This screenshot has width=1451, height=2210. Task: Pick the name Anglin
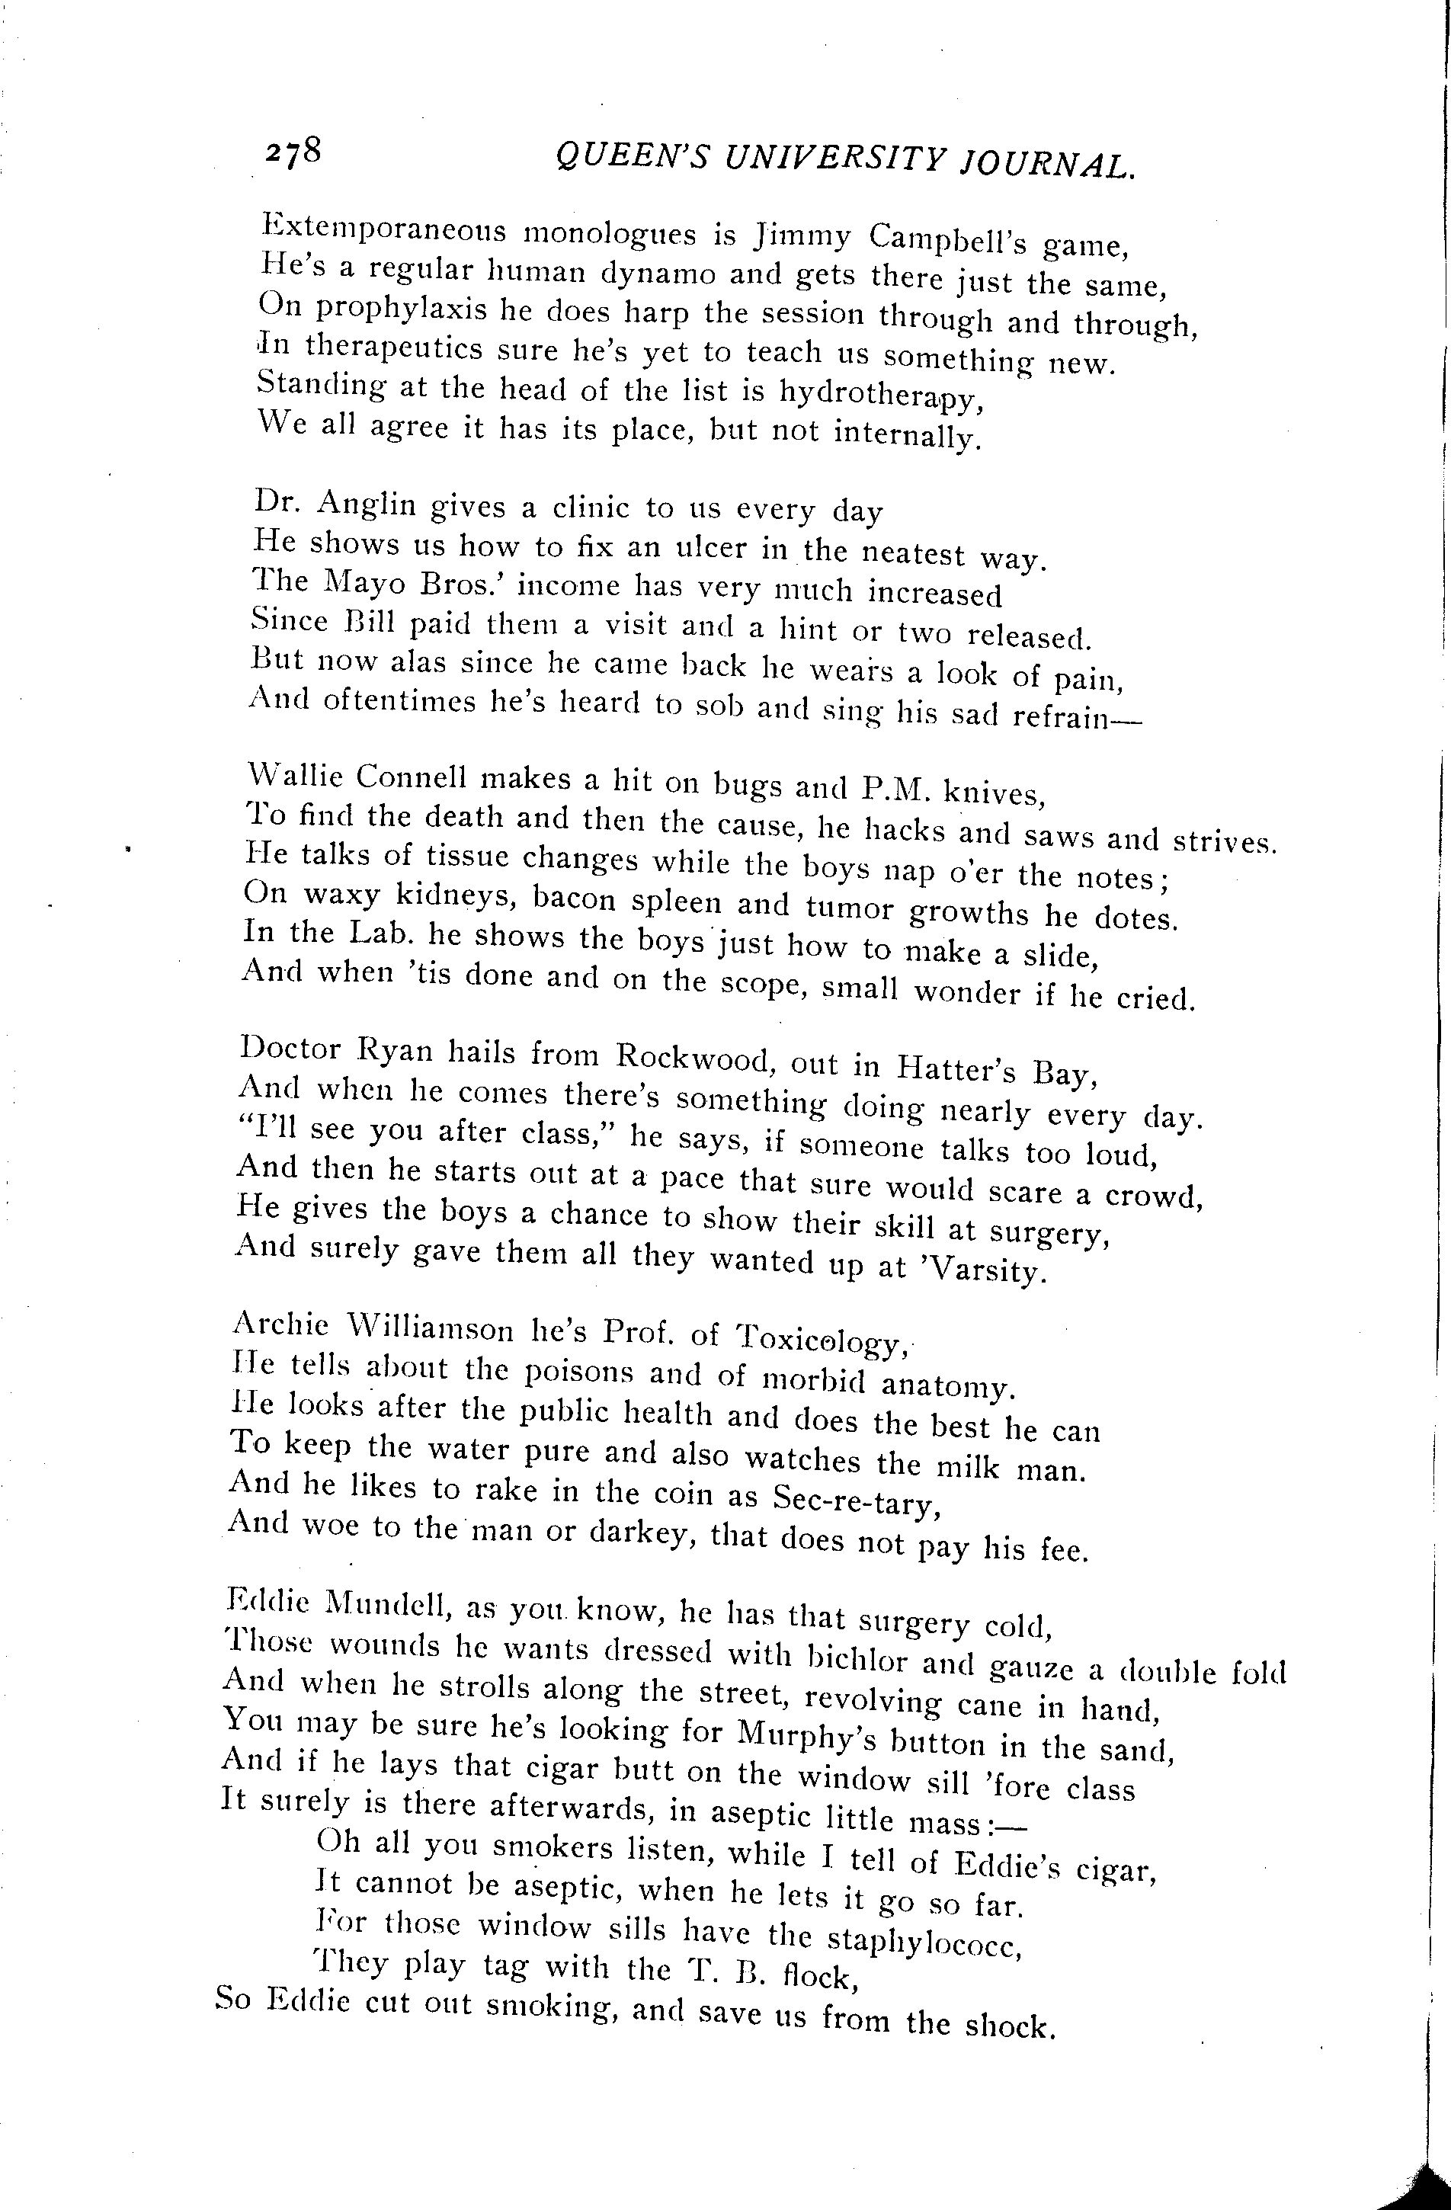click(x=366, y=502)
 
